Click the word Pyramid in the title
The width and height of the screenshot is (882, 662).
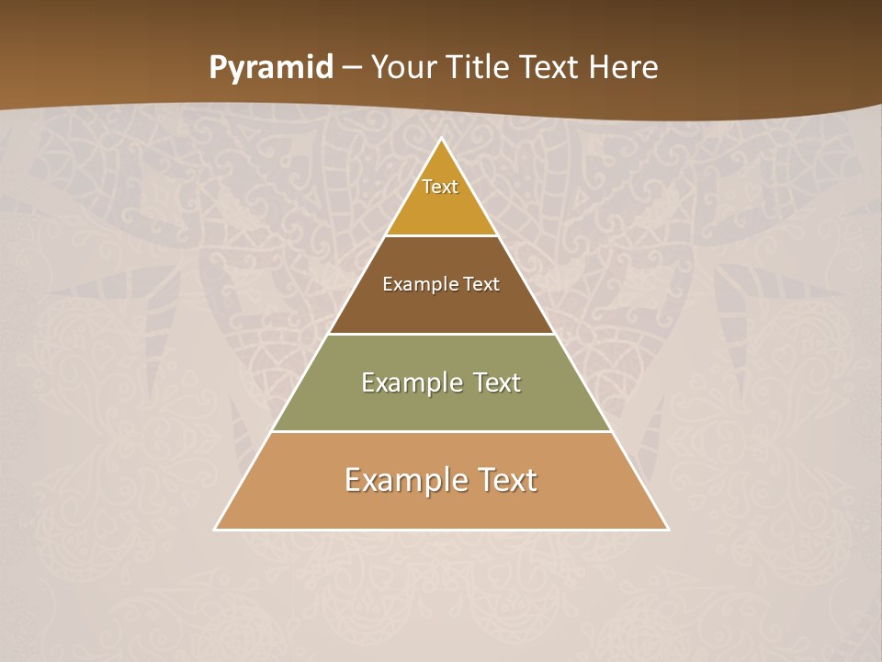click(x=270, y=68)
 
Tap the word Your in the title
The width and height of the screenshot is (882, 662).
click(x=404, y=68)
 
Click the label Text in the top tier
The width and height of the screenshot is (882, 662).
click(x=440, y=187)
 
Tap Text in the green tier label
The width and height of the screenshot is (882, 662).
click(x=496, y=382)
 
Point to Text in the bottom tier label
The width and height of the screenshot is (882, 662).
click(x=508, y=480)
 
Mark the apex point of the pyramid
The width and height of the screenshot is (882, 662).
click(x=441, y=140)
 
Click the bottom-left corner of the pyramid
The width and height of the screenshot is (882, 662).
click(x=216, y=529)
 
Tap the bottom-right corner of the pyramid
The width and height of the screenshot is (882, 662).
click(x=667, y=529)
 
